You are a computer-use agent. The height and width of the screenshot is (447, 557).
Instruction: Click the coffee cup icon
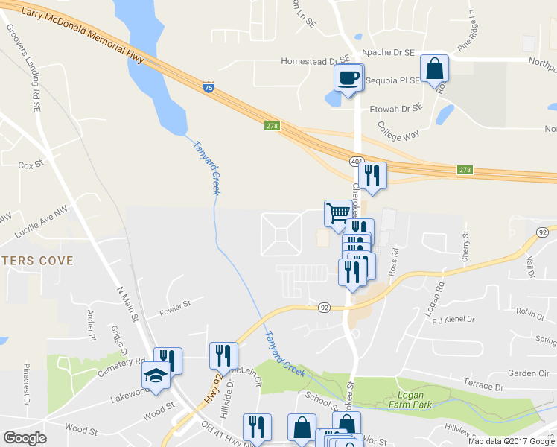(348, 77)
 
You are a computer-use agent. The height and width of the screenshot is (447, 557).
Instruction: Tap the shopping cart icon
(338, 212)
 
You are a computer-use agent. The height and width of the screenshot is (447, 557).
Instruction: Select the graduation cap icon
(156, 375)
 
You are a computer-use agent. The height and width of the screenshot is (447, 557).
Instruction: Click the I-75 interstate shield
(209, 88)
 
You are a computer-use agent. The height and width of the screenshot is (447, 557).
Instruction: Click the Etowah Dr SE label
(395, 108)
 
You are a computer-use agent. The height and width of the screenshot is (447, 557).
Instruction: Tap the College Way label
(399, 131)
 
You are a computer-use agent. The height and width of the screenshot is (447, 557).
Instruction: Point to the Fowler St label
(176, 304)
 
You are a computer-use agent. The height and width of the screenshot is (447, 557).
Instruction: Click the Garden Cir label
(527, 372)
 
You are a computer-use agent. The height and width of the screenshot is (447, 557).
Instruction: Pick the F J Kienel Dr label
(453, 320)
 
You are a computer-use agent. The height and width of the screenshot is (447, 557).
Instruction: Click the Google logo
(25, 438)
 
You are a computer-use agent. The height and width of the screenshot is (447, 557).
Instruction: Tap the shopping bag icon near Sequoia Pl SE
(434, 69)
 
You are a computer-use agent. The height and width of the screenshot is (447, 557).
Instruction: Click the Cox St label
(31, 165)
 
